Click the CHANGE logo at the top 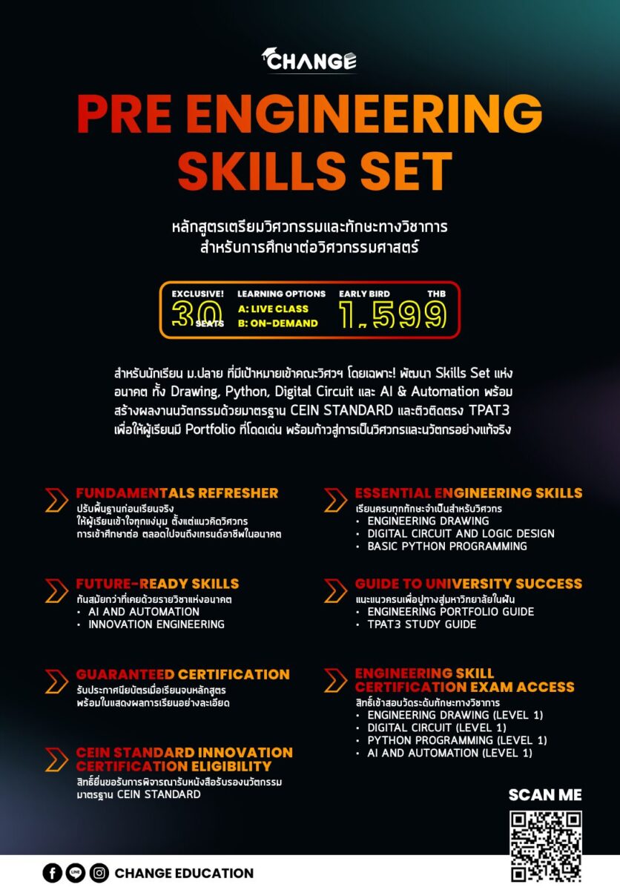tap(309, 60)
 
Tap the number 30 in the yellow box tap(197, 314)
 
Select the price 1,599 tap(392, 314)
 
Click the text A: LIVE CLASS tap(273, 309)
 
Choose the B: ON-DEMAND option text tap(278, 323)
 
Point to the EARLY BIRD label tap(364, 294)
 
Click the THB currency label tap(437, 294)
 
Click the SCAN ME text tap(545, 794)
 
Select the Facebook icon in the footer tap(52, 873)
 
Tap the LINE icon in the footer tap(76, 873)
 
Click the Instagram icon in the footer tap(99, 873)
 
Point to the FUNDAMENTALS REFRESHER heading tap(177, 492)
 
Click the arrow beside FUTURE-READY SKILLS tap(56, 590)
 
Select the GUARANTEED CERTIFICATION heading tap(182, 674)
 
